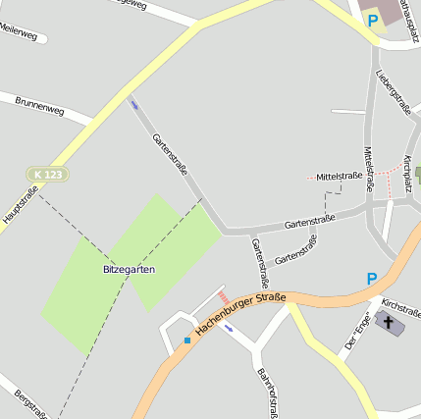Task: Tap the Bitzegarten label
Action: (x=129, y=269)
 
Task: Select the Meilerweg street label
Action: (x=20, y=35)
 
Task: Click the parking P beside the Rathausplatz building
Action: (x=372, y=19)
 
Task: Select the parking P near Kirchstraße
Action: (x=372, y=280)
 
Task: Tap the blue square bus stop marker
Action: (x=186, y=340)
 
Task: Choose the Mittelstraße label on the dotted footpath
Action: (x=340, y=176)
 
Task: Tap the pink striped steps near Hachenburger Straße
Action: (x=224, y=296)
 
